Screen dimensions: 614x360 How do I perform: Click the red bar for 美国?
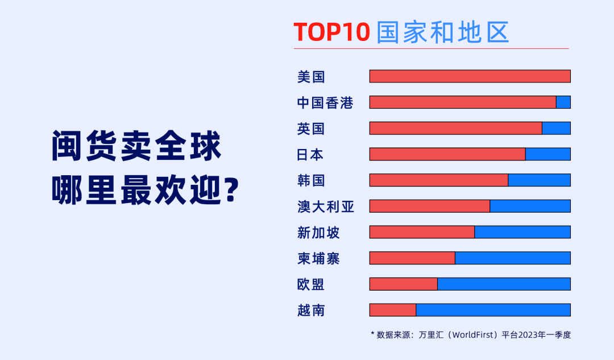pyautogui.click(x=470, y=76)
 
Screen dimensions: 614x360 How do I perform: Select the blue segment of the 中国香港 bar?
pyautogui.click(x=563, y=102)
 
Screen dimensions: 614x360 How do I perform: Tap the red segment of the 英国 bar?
pyautogui.click(x=456, y=128)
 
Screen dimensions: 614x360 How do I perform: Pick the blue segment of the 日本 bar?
pyautogui.click(x=548, y=154)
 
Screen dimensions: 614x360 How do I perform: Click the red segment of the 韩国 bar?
pyautogui.click(x=438, y=180)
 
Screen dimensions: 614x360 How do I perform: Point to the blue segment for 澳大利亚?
pyautogui.click(x=530, y=206)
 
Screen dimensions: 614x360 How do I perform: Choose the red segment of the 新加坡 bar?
pyautogui.click(x=422, y=232)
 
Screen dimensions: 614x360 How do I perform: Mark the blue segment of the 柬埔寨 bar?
pyautogui.click(x=513, y=258)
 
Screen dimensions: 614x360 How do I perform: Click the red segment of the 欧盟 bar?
pyautogui.click(x=403, y=284)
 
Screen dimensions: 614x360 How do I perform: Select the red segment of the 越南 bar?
pyautogui.click(x=393, y=310)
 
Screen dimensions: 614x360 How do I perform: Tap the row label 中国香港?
pyautogui.click(x=325, y=102)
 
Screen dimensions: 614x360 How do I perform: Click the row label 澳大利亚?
pyautogui.click(x=326, y=206)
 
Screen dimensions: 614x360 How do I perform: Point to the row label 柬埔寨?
pyautogui.click(x=318, y=259)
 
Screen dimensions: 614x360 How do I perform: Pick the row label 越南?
pyautogui.click(x=311, y=311)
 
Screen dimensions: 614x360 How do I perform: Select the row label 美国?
pyautogui.click(x=311, y=77)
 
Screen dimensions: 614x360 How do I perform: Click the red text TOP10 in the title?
pyautogui.click(x=331, y=32)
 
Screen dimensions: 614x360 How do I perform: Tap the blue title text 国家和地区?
pyautogui.click(x=442, y=32)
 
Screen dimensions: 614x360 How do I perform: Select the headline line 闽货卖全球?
pyautogui.click(x=136, y=146)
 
